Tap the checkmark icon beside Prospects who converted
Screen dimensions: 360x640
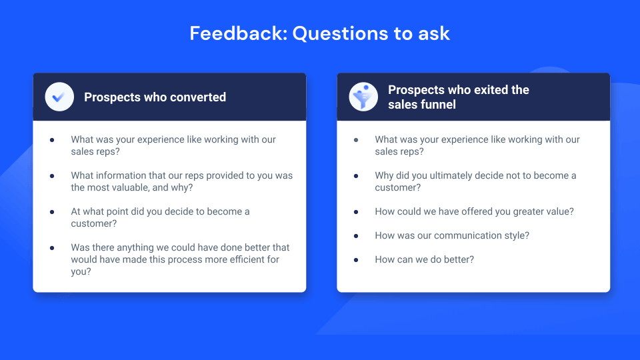pyautogui.click(x=59, y=97)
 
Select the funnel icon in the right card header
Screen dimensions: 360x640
pyautogui.click(x=363, y=97)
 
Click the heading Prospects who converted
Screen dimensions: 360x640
pyautogui.click(x=155, y=97)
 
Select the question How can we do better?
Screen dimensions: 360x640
pyautogui.click(x=424, y=259)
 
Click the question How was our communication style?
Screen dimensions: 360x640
pyautogui.click(x=452, y=235)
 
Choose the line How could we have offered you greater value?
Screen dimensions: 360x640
pyautogui.click(x=474, y=211)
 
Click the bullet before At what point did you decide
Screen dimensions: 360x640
pyautogui.click(x=52, y=211)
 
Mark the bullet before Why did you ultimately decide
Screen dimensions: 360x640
pyautogui.click(x=356, y=175)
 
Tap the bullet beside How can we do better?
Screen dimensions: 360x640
pyautogui.click(x=356, y=259)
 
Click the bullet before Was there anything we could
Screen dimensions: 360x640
pyautogui.click(x=52, y=247)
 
